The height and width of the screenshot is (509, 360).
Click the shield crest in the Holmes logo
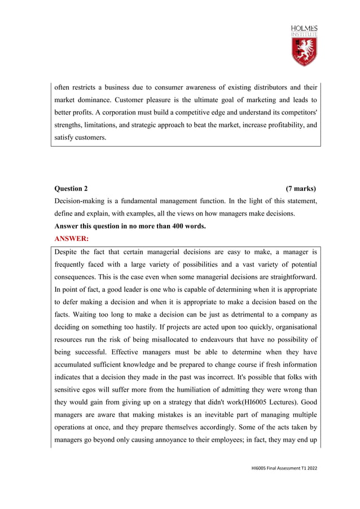tap(304, 51)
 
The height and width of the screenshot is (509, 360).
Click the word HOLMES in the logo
tap(304, 28)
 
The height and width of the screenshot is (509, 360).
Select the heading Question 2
tap(71, 188)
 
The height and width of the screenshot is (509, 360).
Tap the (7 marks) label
tap(301, 188)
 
